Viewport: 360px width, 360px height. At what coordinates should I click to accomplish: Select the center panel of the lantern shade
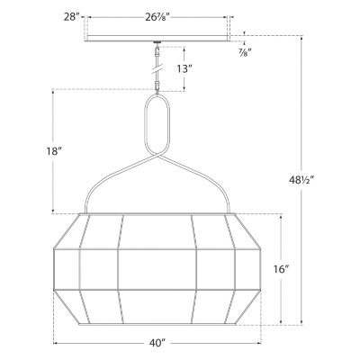point(157,270)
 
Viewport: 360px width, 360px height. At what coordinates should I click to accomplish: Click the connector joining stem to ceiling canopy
point(157,45)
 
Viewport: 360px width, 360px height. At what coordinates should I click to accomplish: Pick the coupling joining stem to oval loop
point(157,88)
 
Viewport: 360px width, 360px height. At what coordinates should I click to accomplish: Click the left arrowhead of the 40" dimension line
point(58,343)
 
